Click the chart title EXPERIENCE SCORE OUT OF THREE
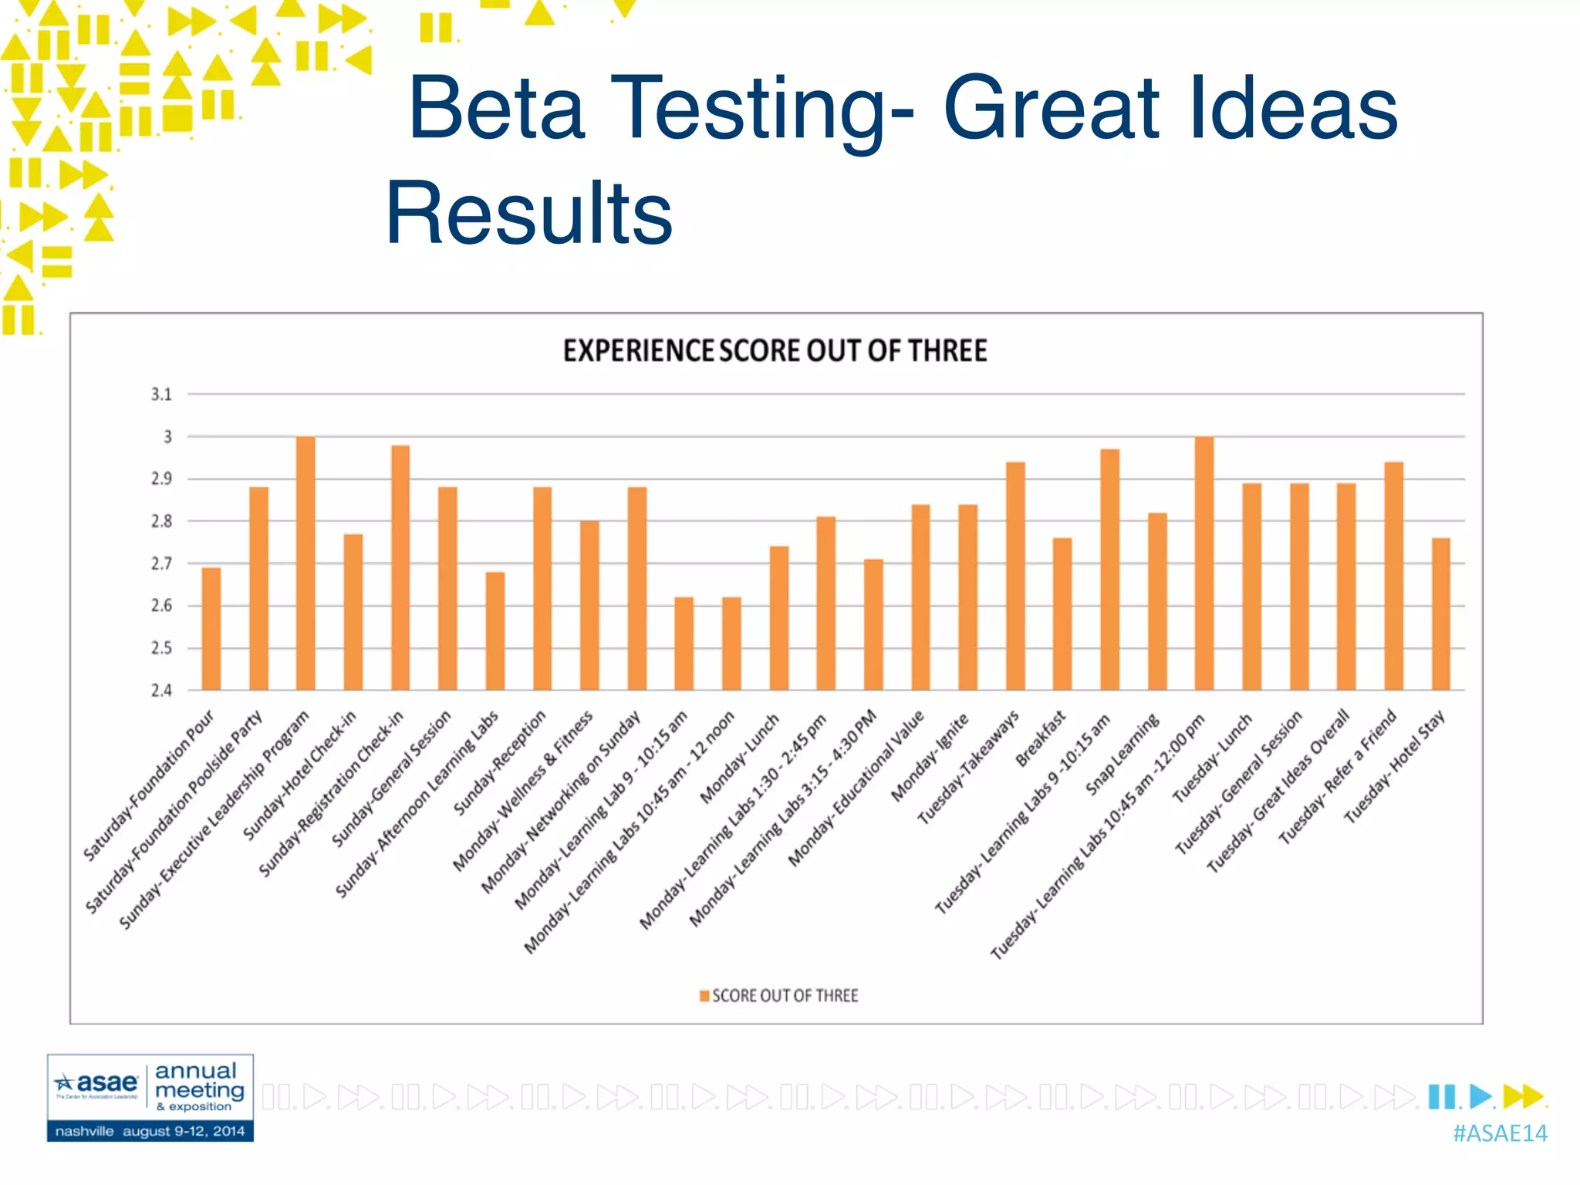tap(775, 351)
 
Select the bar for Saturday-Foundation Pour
tap(211, 629)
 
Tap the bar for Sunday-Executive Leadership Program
tap(306, 563)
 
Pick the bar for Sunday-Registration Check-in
tap(400, 568)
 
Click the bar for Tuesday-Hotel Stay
tap(1440, 614)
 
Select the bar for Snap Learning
tap(1157, 602)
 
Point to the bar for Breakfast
tap(1062, 614)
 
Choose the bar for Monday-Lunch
tap(779, 618)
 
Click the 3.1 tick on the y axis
tap(161, 395)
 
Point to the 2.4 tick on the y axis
tap(161, 690)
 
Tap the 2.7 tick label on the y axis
tap(161, 564)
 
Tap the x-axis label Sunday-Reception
tap(500, 762)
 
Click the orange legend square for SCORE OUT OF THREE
tap(704, 996)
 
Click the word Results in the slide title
tap(529, 212)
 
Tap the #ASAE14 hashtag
tap(1500, 1133)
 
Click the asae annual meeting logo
tap(150, 1097)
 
